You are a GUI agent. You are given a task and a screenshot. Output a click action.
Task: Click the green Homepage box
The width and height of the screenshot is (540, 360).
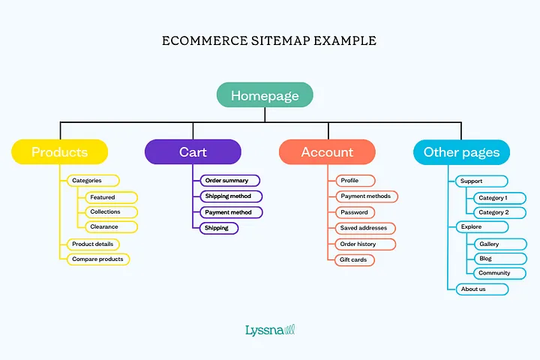(265, 95)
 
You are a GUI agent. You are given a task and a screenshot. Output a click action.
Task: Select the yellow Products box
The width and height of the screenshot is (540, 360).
(60, 152)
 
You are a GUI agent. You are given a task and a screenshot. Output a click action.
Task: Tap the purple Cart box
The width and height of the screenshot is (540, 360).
(193, 152)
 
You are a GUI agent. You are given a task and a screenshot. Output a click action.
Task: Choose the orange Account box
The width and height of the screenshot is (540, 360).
(327, 152)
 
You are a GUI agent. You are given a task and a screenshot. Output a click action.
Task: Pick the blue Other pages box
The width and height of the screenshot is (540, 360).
(461, 152)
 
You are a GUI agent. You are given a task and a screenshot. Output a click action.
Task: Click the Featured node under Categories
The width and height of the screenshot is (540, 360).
(110, 197)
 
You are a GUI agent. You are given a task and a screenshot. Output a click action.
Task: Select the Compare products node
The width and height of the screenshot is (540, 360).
(97, 259)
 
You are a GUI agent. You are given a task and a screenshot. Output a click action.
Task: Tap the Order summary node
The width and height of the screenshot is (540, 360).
(229, 181)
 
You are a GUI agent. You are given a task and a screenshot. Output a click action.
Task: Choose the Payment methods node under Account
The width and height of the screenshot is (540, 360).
(366, 196)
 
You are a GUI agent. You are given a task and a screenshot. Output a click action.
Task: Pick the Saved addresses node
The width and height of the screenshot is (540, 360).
(365, 228)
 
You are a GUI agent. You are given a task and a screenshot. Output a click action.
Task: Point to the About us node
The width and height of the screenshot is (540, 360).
(481, 289)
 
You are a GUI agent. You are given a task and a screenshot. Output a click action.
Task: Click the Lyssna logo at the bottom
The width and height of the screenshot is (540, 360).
(269, 329)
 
